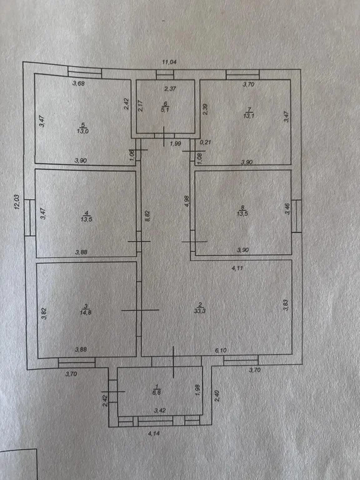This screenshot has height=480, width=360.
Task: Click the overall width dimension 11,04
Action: click(x=169, y=62)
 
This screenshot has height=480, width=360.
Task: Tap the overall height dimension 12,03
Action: click(x=17, y=202)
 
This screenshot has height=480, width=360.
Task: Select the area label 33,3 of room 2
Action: click(x=199, y=311)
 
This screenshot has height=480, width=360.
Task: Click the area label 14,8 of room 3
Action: click(x=86, y=312)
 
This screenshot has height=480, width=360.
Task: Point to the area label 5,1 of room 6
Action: click(x=165, y=111)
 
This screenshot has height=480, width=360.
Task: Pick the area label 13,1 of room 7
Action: click(x=249, y=116)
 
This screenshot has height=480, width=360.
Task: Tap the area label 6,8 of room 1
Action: click(x=156, y=392)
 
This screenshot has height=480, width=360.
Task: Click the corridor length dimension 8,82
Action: click(x=147, y=216)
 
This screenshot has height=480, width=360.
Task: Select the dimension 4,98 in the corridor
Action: click(x=187, y=202)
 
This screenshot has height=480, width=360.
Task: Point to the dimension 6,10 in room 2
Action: click(x=221, y=351)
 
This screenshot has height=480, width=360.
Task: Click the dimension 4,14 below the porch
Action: click(x=154, y=434)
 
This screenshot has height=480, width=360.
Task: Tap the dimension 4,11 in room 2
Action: click(x=237, y=268)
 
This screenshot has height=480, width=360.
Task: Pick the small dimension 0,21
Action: click(x=205, y=142)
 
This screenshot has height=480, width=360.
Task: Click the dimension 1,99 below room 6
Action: click(x=176, y=144)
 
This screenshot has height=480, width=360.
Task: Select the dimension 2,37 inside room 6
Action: click(x=170, y=89)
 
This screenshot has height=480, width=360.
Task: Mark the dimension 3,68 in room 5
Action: click(x=78, y=83)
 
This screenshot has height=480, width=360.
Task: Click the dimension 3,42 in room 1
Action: click(x=160, y=411)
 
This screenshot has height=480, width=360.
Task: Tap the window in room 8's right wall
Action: click(x=297, y=216)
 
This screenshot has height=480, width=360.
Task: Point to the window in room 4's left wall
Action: click(x=30, y=217)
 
